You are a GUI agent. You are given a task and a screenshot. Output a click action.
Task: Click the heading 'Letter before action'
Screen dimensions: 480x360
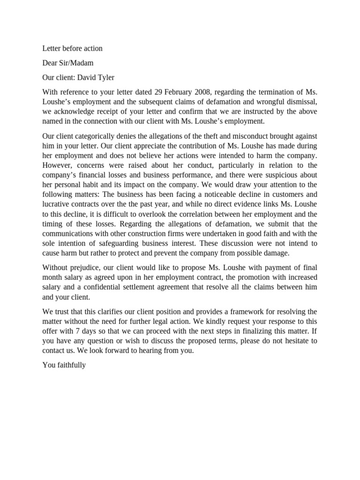click(x=72, y=48)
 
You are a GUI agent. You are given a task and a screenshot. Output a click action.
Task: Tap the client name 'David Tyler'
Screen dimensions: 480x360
click(x=96, y=77)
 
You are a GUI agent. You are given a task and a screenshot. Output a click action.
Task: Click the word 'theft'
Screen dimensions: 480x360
click(x=217, y=136)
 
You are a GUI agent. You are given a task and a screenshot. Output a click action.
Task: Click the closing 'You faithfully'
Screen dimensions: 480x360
click(x=64, y=365)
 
